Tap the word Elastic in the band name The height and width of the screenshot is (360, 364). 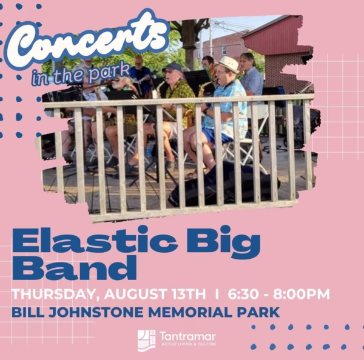tap(95, 240)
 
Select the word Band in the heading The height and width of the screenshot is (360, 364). tap(74, 268)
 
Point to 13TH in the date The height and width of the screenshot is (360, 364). tap(189, 294)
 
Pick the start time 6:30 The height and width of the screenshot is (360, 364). tap(243, 294)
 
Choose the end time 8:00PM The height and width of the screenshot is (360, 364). tap(302, 294)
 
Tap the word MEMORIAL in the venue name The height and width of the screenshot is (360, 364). tap(190, 312)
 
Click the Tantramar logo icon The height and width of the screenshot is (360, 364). tap(146, 340)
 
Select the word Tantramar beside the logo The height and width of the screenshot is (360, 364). tap(187, 336)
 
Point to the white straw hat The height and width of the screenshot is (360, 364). tap(229, 64)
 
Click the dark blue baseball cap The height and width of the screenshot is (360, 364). tap(172, 67)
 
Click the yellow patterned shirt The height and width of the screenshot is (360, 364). tap(179, 98)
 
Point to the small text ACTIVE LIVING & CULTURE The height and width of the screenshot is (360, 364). tap(189, 344)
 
